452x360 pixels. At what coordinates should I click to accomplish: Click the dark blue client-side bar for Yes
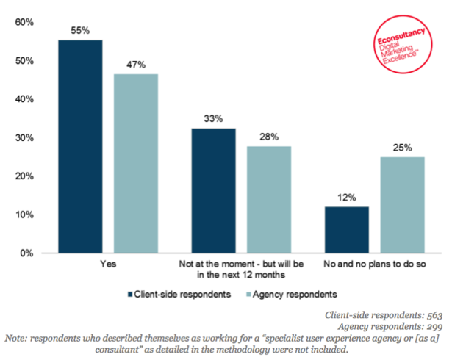click(80, 146)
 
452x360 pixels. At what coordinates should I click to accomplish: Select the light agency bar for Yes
click(135, 163)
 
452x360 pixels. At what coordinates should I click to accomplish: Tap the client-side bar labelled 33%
click(213, 190)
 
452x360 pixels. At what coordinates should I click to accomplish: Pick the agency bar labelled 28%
click(268, 200)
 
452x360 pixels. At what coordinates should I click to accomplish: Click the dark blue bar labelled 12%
click(346, 230)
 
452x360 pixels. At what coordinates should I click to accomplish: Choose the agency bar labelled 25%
click(401, 205)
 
